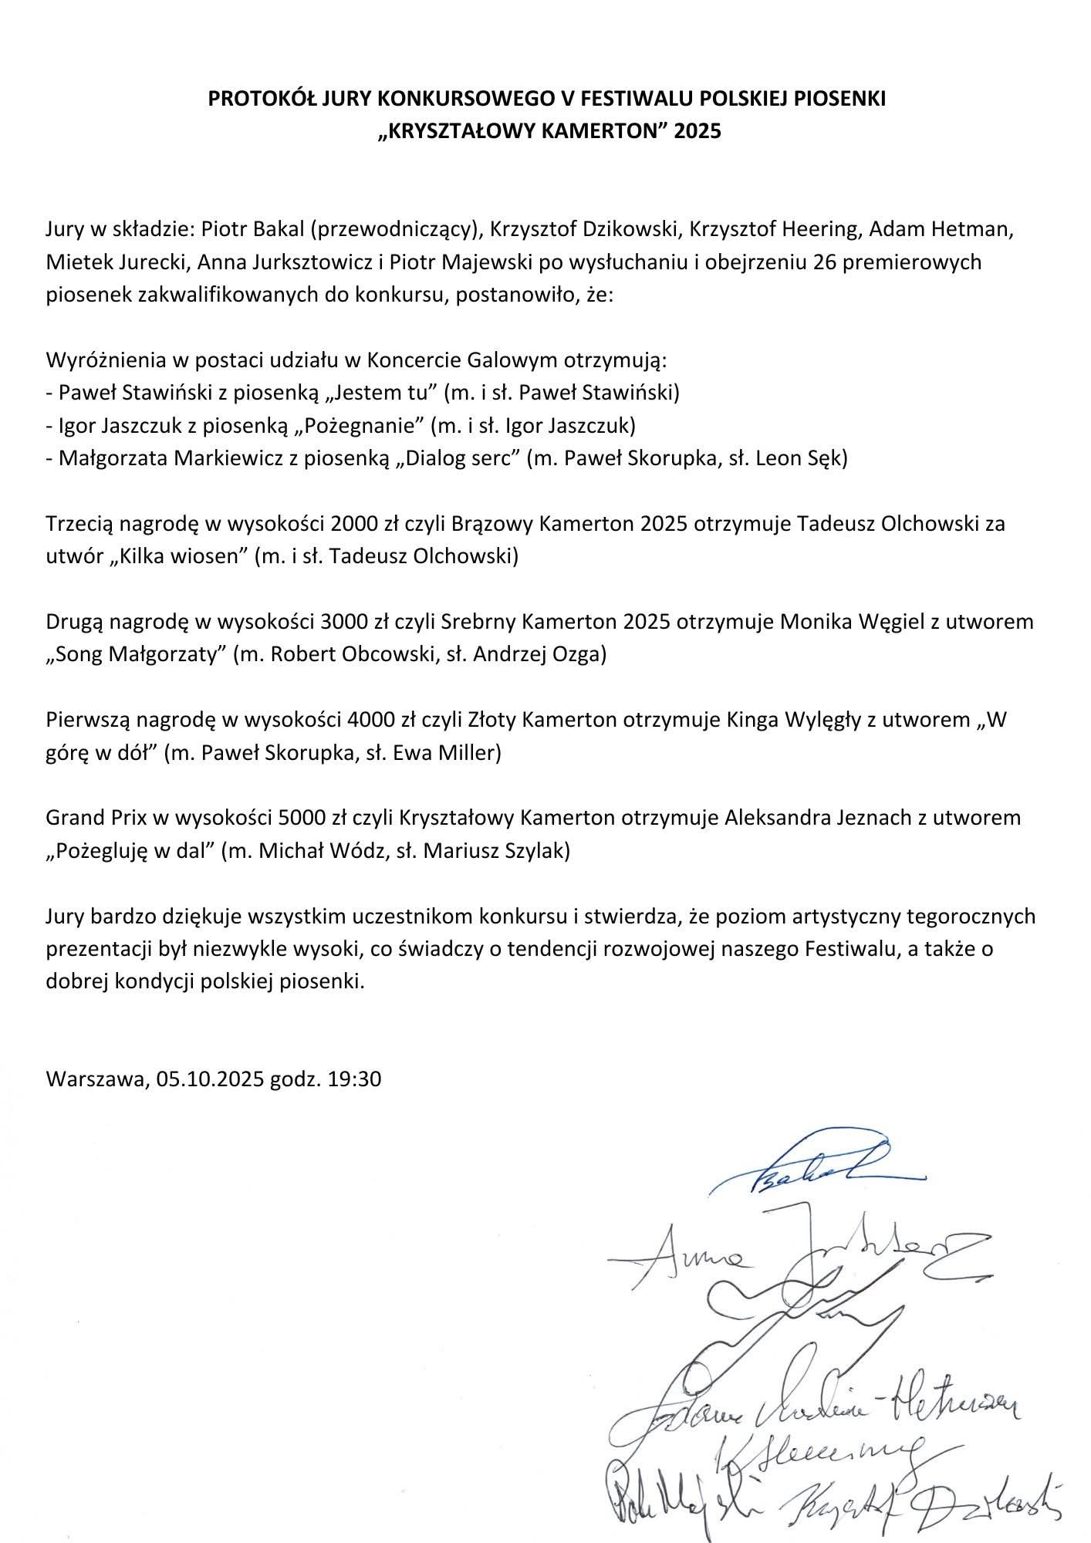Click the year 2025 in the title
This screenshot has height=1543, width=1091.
(697, 131)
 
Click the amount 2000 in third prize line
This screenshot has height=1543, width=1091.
(354, 524)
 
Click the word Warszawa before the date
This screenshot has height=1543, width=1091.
(95, 1079)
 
